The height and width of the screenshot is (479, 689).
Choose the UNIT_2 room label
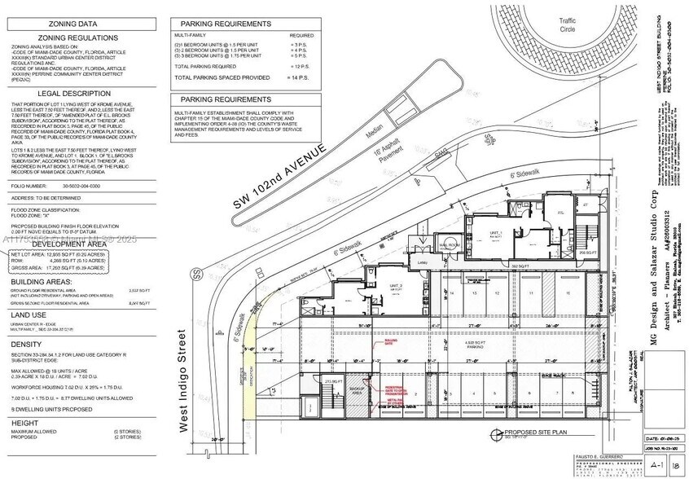pos(397,286)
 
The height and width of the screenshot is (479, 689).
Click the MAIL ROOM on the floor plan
pos(450,245)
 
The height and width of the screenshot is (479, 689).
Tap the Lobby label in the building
pos(423,263)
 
